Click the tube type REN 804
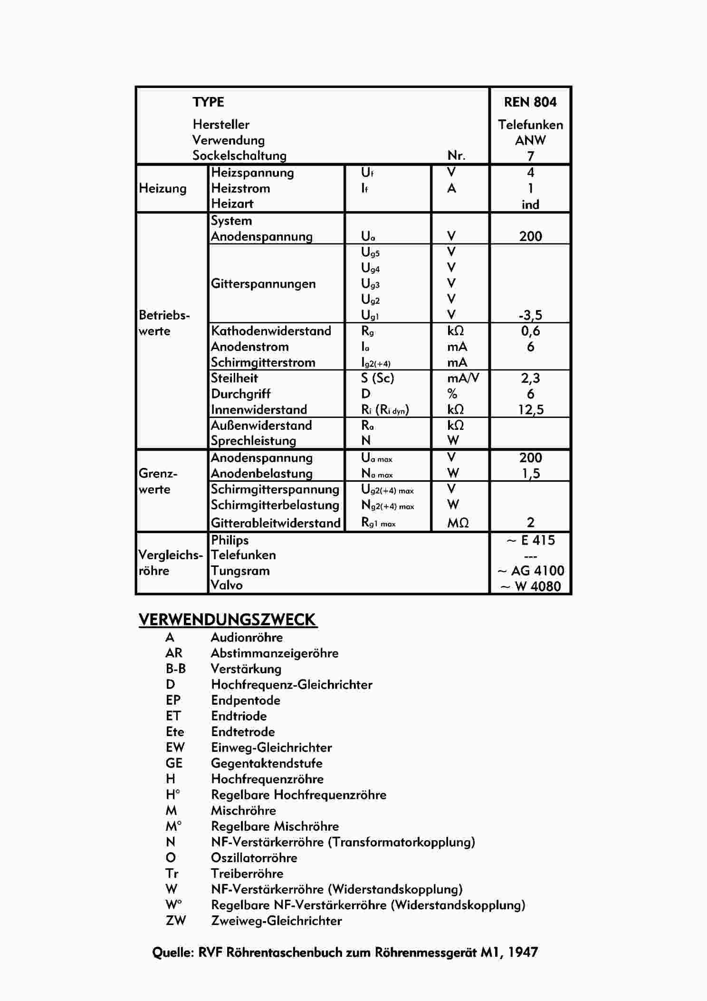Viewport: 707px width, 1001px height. pos(530,102)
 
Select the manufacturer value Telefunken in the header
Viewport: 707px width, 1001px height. pos(530,125)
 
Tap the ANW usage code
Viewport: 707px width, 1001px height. pos(530,141)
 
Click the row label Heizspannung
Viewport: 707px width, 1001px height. pos(252,173)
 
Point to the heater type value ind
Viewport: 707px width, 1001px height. pos(530,204)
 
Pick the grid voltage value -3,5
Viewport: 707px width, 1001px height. pos(530,315)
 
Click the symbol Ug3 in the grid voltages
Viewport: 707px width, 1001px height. pos(370,284)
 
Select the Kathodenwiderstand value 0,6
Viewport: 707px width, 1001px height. pos(530,331)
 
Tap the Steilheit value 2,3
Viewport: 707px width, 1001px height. pos(530,379)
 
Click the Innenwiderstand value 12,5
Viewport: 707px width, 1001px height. pos(530,410)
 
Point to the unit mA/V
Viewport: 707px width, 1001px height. pos(463,379)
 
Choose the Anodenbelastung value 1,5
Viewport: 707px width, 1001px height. pos(530,474)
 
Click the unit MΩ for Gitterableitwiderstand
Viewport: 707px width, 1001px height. pos(458,523)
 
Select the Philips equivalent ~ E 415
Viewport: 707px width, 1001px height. pos(530,540)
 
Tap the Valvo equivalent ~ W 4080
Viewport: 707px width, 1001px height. pos(530,586)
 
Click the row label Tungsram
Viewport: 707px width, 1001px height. pos(240,571)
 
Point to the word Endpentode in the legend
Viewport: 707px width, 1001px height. pos(246,700)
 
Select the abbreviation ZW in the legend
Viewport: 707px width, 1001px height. pos(175,921)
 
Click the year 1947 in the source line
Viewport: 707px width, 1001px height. pos(523,952)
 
